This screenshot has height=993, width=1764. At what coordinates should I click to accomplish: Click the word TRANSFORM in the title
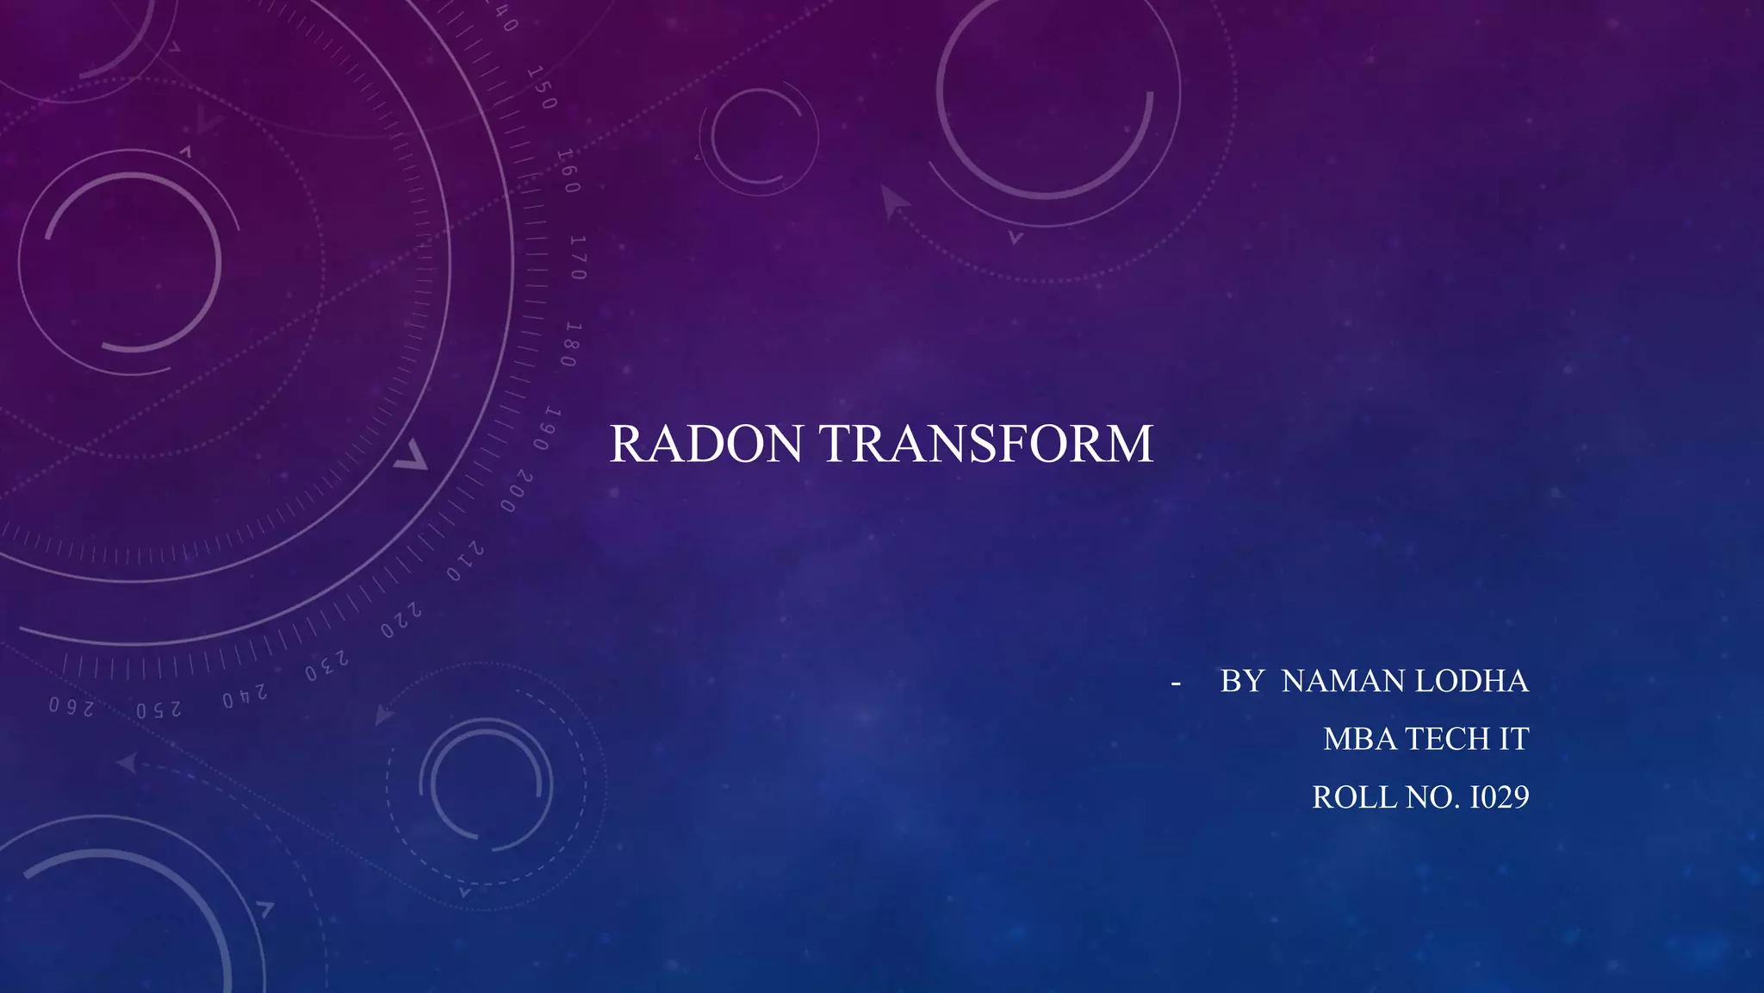pos(986,444)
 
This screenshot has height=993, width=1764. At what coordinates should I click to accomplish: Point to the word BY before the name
pos(1241,681)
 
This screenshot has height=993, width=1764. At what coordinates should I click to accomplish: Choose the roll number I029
pos(1499,797)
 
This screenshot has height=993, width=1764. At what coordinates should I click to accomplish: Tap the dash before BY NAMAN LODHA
pos(1176,683)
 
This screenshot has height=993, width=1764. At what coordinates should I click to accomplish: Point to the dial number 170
pos(578,258)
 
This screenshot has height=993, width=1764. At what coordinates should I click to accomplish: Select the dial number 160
pos(568,171)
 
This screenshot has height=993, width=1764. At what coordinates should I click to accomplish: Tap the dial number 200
pos(518,491)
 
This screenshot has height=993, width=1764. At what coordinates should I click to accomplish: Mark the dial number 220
pos(401,621)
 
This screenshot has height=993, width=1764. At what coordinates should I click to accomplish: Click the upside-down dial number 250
pos(159,710)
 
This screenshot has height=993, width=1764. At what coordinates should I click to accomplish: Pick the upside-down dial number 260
pos(71,707)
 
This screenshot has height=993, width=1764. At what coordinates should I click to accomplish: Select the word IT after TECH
pos(1513,739)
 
